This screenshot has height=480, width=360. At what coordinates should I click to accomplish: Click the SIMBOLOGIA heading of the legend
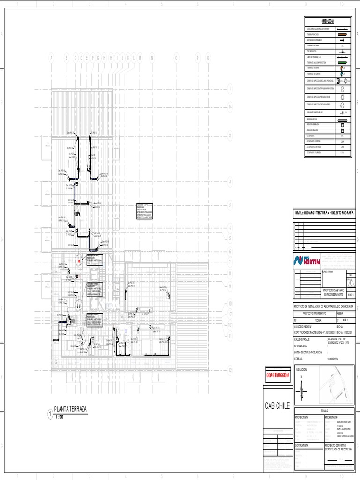[327, 22]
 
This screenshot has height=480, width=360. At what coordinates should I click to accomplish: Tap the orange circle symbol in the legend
[342, 67]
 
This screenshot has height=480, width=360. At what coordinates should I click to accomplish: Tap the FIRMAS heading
[324, 410]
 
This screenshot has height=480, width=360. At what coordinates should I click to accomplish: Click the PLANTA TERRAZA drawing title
[71, 409]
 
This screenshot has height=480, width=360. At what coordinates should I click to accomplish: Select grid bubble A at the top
[52, 58]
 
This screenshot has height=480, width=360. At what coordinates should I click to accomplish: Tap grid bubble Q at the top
[208, 58]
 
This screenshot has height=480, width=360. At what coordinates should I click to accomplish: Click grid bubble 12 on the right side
[230, 370]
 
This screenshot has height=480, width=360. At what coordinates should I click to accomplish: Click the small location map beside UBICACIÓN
[336, 384]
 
